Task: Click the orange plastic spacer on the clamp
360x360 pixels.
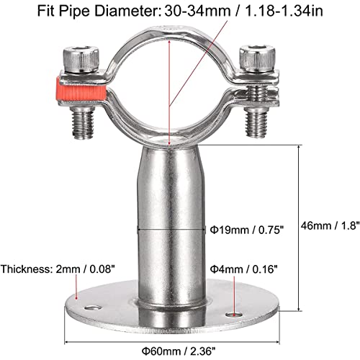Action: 81,91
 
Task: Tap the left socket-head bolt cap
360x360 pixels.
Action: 81,60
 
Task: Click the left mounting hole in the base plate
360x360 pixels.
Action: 94,307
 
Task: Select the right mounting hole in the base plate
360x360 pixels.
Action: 234,314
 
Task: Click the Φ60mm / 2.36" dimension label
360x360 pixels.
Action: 179,351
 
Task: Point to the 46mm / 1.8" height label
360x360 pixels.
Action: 330,225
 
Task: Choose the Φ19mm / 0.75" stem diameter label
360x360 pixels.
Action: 247,230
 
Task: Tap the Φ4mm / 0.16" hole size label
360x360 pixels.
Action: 244,269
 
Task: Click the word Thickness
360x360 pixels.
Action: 27,269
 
